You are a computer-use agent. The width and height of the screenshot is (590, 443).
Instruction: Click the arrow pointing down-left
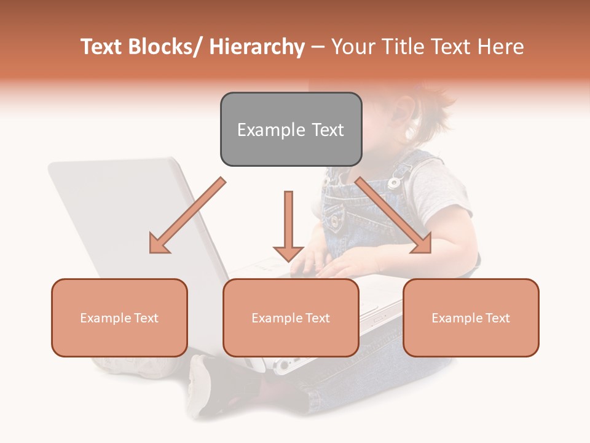click(186, 216)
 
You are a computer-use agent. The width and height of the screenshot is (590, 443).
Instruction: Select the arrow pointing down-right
click(393, 215)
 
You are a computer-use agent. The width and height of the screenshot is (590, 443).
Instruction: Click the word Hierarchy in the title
click(257, 47)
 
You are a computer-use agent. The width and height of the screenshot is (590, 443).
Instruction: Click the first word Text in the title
click(101, 47)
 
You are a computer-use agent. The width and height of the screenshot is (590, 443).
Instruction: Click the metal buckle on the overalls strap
click(396, 182)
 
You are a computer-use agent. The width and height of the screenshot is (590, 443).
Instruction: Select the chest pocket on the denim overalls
click(335, 215)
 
